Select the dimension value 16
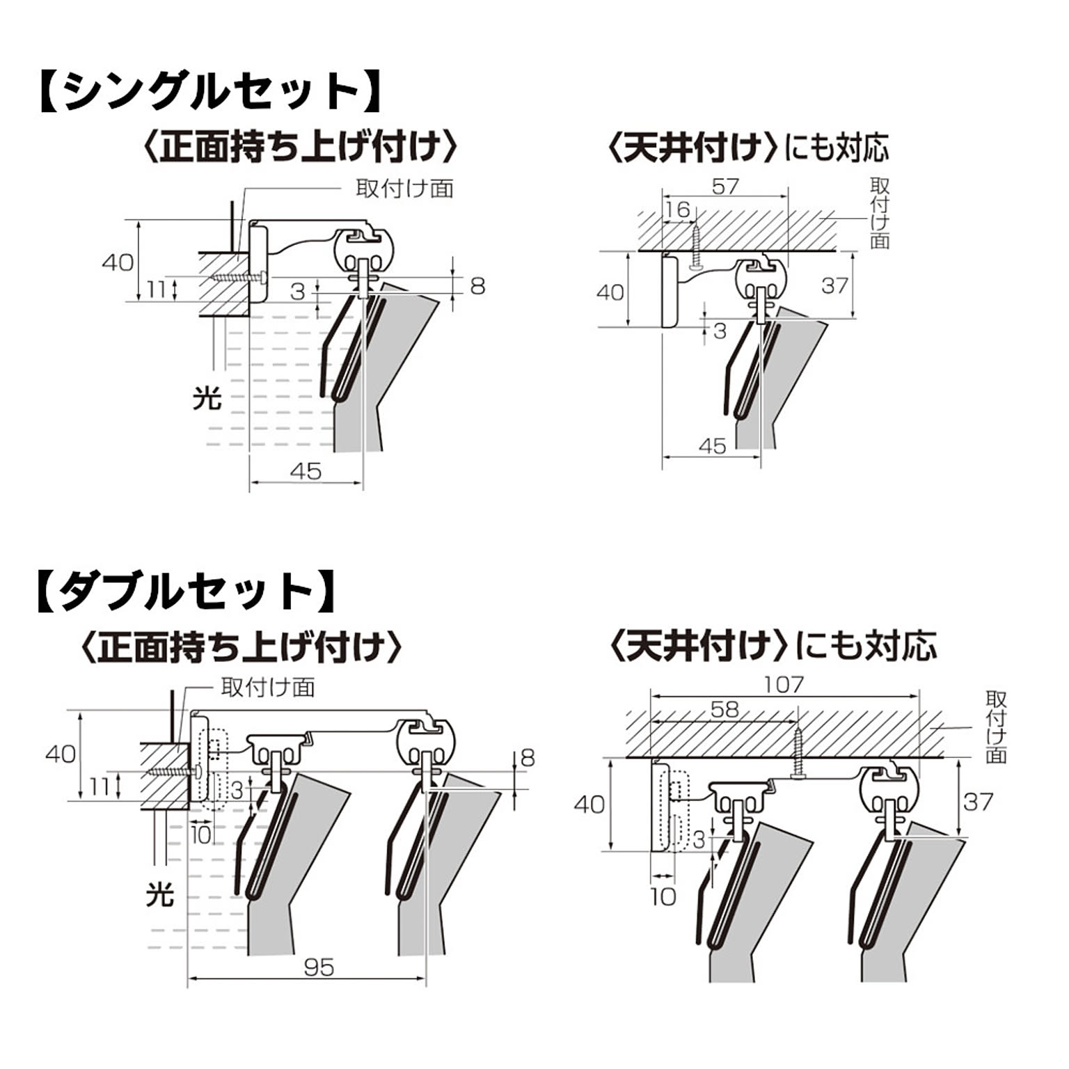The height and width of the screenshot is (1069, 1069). click(676, 209)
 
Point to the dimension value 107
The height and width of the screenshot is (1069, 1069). click(784, 685)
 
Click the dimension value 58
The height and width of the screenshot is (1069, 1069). click(724, 709)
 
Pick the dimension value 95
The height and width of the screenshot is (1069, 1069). click(319, 967)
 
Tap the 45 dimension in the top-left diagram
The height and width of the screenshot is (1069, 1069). click(306, 471)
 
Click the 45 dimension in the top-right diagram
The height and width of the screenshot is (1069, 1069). click(711, 446)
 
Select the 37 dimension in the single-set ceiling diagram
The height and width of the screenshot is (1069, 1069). click(834, 285)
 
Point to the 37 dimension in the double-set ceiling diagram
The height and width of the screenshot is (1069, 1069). click(978, 802)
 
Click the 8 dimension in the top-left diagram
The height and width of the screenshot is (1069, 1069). click(477, 285)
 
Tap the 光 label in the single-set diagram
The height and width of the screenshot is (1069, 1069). click(207, 398)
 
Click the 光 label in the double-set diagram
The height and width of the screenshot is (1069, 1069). click(159, 894)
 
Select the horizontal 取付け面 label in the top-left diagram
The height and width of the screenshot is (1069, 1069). click(404, 189)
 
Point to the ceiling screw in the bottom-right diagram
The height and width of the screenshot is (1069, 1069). click(798, 752)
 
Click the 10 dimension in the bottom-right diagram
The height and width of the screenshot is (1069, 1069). click(663, 896)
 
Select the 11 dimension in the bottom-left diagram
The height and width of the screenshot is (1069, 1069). click(99, 786)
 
